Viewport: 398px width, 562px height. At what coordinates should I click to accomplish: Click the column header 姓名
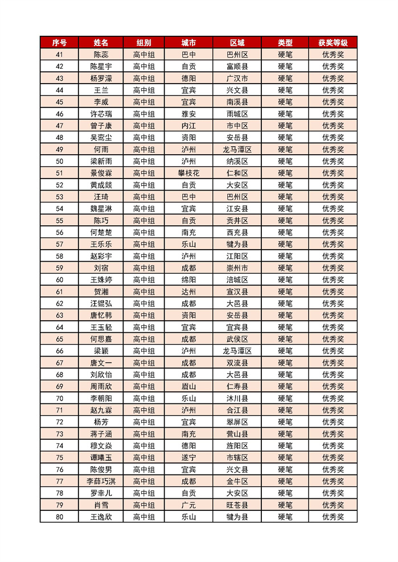(101, 43)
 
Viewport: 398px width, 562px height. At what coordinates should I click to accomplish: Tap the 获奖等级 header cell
(333, 43)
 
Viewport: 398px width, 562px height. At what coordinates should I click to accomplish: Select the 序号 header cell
(60, 43)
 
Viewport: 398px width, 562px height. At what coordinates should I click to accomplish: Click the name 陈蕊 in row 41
(101, 55)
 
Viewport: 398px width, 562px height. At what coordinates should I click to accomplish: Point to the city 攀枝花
(188, 173)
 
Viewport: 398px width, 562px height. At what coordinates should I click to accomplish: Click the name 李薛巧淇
(101, 481)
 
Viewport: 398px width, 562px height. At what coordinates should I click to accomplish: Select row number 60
(60, 280)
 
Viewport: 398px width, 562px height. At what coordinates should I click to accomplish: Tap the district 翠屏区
(237, 422)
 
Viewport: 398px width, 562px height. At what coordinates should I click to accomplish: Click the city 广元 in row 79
(188, 505)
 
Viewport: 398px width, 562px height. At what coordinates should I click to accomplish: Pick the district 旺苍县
(237, 505)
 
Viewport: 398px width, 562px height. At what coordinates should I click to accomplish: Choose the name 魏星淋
(101, 209)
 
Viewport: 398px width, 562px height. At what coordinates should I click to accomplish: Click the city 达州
(188, 292)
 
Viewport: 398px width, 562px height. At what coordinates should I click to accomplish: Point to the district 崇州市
(237, 268)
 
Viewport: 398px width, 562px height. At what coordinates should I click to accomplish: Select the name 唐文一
(101, 363)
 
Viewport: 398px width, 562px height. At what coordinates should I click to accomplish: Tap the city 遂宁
(188, 457)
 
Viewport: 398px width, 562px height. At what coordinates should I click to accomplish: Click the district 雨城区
(237, 114)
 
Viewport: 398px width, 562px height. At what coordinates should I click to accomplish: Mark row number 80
(60, 517)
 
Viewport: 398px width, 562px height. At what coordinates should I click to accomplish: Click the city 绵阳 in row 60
(188, 280)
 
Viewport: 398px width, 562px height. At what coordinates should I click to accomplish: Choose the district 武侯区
(237, 339)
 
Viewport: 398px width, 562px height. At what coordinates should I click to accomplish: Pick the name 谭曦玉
(101, 457)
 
